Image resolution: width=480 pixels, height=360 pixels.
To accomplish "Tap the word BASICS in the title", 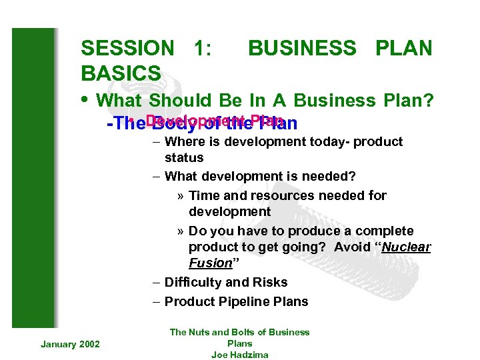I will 120,73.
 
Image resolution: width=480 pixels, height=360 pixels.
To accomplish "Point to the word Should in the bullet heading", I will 180,101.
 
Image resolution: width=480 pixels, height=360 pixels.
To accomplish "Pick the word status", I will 184,157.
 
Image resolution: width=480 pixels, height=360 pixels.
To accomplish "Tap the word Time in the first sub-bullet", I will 204,195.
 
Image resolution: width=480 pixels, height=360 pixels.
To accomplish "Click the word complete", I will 385,231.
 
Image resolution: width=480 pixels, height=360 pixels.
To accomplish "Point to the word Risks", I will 268,282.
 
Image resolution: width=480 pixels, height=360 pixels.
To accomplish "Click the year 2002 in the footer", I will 89,343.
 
